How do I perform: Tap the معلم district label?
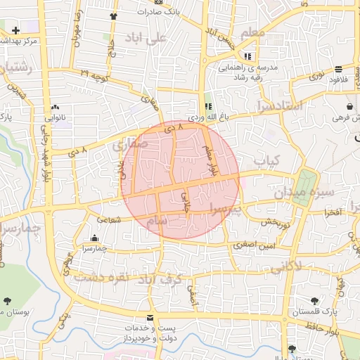[252, 32]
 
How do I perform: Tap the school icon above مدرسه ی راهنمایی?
[247, 56]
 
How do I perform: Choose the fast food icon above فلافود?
[339, 69]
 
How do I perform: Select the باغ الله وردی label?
[207, 117]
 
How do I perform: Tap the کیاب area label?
[266, 161]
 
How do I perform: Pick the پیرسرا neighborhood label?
[225, 209]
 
